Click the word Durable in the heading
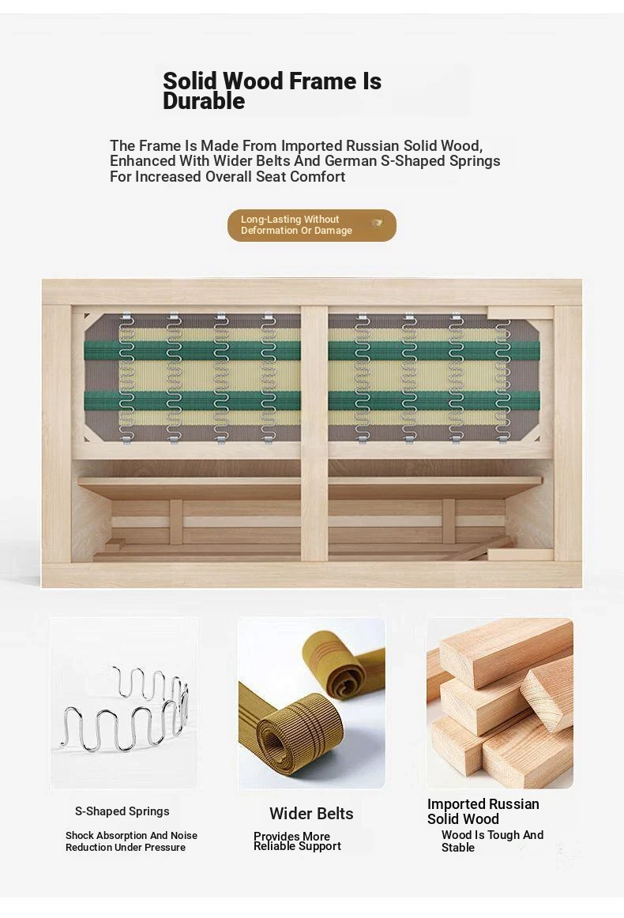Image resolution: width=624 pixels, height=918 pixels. [x=204, y=101]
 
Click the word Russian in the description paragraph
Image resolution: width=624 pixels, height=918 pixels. [x=372, y=145]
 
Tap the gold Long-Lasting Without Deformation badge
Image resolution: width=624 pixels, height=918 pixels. [x=312, y=225]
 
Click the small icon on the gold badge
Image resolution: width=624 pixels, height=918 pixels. [x=378, y=223]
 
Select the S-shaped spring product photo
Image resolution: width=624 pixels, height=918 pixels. [x=124, y=702]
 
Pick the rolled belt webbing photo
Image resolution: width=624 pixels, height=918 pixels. [x=311, y=702]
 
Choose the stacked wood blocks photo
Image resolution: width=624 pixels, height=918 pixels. [x=500, y=702]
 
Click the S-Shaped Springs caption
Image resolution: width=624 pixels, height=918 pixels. [x=122, y=811]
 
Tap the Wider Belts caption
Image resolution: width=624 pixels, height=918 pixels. [x=311, y=814]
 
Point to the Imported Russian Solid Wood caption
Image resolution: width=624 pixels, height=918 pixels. [x=483, y=811]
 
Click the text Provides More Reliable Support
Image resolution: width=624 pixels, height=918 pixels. [x=297, y=841]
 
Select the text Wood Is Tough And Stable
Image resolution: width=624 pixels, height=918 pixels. [x=492, y=841]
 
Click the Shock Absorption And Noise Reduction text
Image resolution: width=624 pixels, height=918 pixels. [x=131, y=841]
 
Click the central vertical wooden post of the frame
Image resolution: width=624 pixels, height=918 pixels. [x=314, y=433]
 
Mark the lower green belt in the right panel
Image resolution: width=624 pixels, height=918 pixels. [x=434, y=401]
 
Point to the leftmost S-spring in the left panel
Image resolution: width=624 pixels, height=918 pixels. [x=126, y=378]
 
